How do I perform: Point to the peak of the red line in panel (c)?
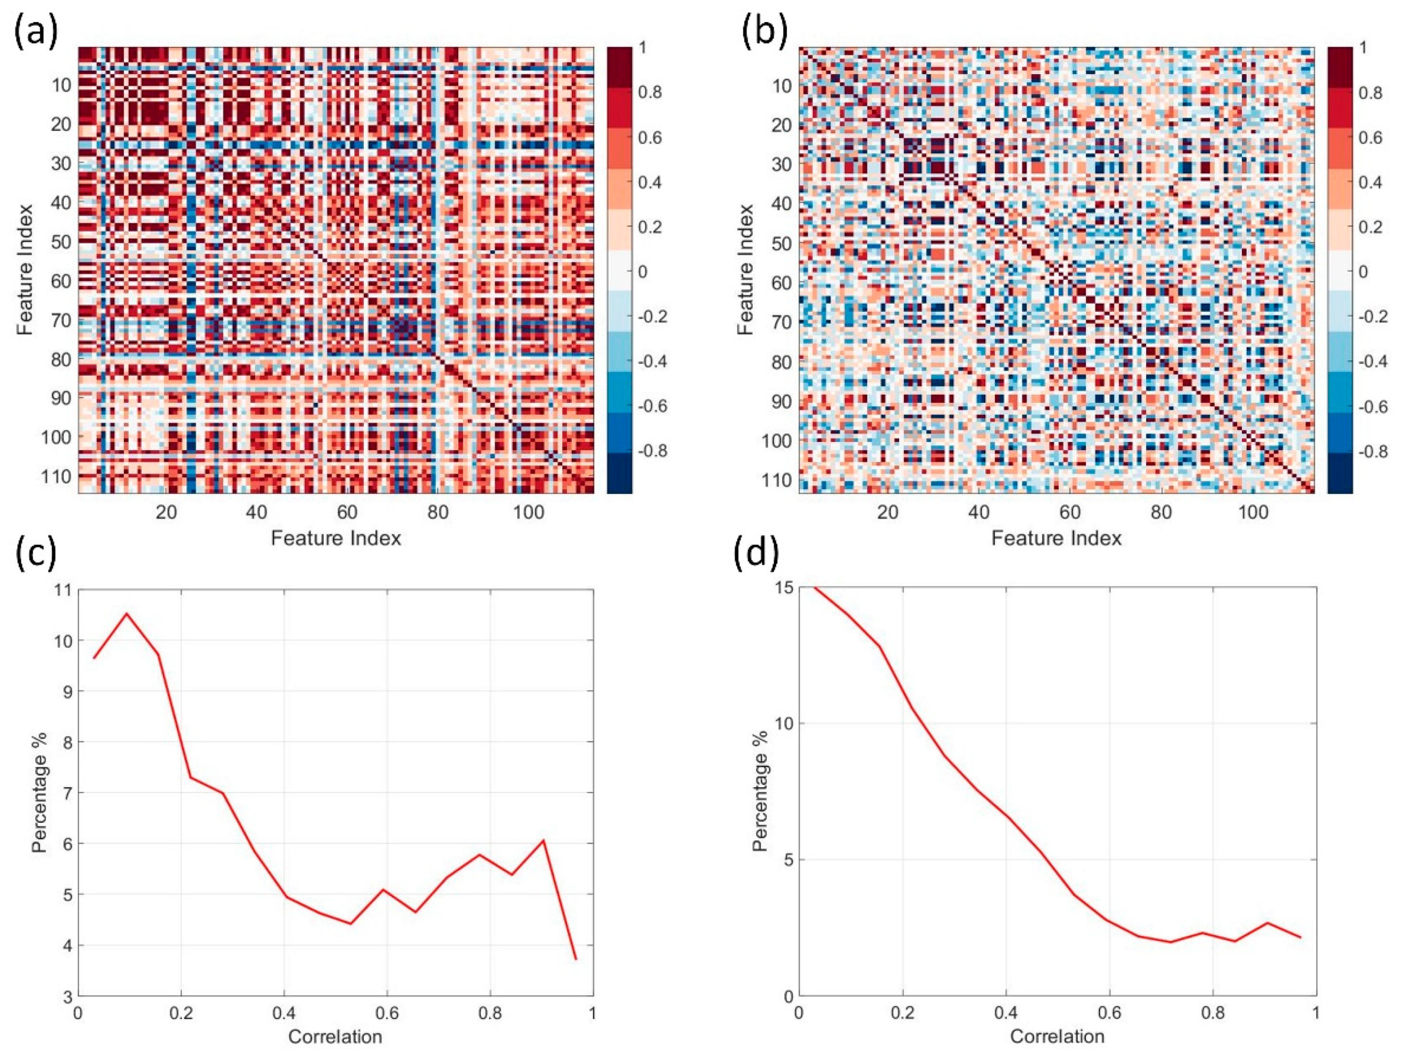(127, 613)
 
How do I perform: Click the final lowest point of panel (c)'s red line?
(576, 959)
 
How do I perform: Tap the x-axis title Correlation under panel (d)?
(1057, 1037)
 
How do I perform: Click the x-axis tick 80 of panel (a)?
(438, 512)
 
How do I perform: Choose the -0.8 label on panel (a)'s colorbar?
(652, 451)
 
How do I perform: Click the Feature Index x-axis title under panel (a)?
(335, 539)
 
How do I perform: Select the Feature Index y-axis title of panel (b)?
(746, 270)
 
